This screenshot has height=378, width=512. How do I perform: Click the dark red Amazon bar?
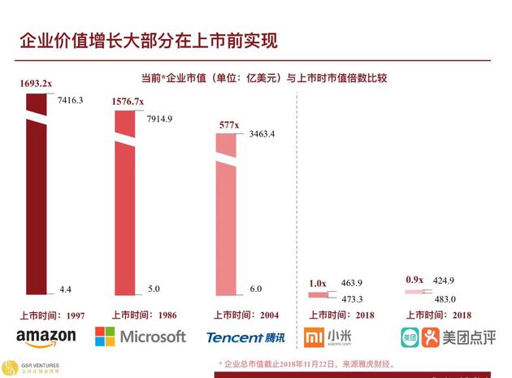(36, 203)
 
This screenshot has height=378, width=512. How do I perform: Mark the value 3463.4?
(262, 134)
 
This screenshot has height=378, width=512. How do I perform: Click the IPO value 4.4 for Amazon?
(65, 289)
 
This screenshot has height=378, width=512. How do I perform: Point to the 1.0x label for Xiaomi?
(318, 283)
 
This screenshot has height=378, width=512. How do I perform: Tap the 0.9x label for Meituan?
(414, 280)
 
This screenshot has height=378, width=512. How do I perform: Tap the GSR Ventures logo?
(11, 366)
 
